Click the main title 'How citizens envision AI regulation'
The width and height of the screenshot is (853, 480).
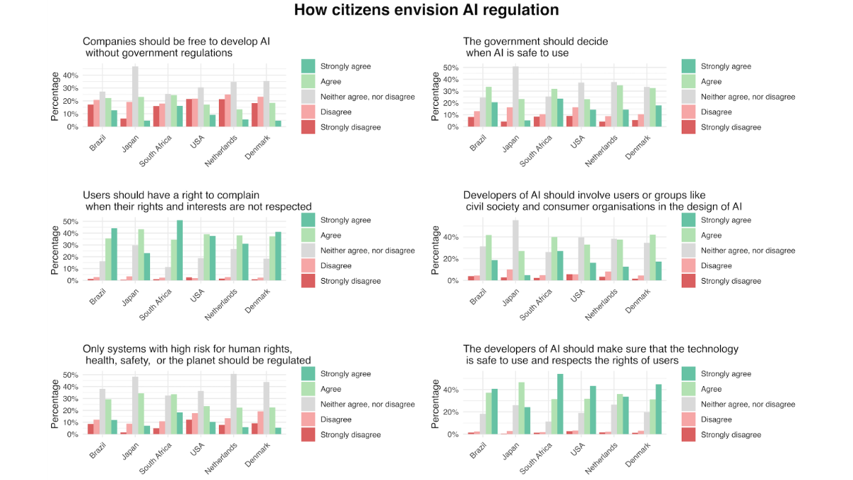click(x=426, y=11)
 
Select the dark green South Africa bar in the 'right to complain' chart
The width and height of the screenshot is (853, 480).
click(x=179, y=250)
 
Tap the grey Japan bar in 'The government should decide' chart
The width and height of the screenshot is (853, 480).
click(x=515, y=97)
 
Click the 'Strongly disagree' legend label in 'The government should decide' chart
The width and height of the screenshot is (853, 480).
click(x=731, y=127)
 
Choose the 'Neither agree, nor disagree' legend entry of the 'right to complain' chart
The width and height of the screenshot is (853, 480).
click(x=368, y=250)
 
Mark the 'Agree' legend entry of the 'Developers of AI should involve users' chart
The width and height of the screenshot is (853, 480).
click(x=711, y=235)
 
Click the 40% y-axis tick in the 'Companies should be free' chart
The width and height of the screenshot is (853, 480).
click(x=70, y=75)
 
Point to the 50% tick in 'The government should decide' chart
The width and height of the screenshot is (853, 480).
click(x=451, y=68)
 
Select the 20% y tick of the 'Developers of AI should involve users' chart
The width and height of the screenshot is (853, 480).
click(x=451, y=259)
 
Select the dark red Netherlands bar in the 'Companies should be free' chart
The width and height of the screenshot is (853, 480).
click(x=222, y=113)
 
